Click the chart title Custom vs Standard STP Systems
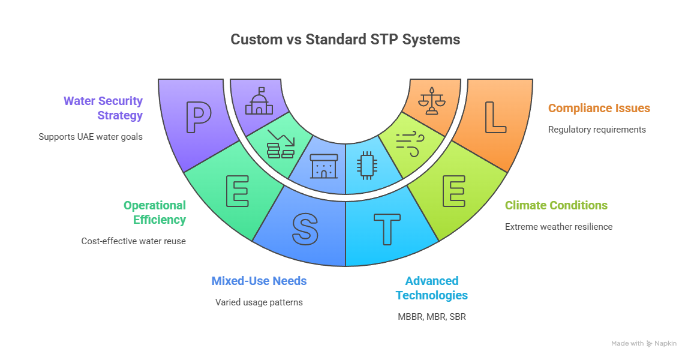click(x=345, y=39)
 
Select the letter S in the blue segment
click(x=305, y=229)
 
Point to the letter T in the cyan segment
click(x=387, y=229)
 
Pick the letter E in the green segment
click(x=238, y=191)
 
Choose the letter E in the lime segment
click(x=454, y=191)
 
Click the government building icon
click(x=259, y=101)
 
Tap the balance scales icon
click(x=432, y=101)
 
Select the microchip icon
click(x=366, y=166)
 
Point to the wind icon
click(x=410, y=144)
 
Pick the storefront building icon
click(x=324, y=166)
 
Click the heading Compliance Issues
click(x=599, y=108)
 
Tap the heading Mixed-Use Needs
click(x=259, y=281)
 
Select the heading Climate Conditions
click(x=556, y=205)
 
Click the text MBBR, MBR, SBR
click(x=432, y=316)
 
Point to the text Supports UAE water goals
click(x=91, y=137)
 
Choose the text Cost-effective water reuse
click(x=134, y=241)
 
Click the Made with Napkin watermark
click(x=644, y=343)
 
